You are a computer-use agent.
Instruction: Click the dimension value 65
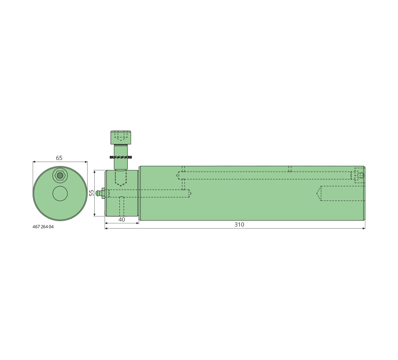click(x=59, y=158)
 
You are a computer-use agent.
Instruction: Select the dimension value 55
click(x=92, y=193)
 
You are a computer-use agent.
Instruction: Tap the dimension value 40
click(x=122, y=219)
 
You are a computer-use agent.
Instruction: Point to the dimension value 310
click(x=239, y=224)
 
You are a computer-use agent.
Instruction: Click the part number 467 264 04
click(x=43, y=227)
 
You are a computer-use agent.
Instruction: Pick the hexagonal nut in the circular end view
click(x=60, y=175)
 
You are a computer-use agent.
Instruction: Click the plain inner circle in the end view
click(x=60, y=193)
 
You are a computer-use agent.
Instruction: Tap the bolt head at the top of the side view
click(x=121, y=137)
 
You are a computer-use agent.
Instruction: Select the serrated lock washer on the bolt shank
click(x=121, y=157)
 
